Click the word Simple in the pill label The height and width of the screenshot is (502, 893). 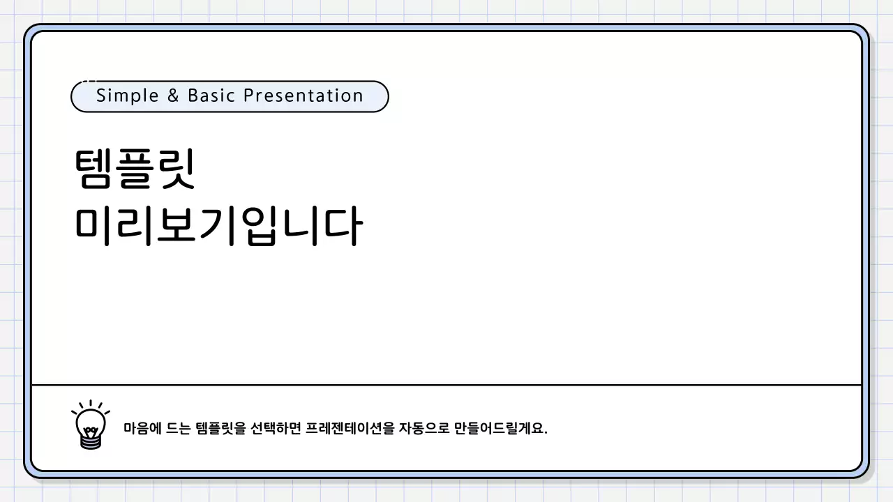118,96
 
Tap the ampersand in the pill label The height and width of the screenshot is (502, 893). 173,96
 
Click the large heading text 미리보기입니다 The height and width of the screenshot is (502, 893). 218,227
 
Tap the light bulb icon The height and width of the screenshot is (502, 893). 90,424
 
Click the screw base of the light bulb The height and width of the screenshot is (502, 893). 90,440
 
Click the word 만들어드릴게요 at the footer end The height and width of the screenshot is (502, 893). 499,427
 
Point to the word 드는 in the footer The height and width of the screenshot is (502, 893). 179,427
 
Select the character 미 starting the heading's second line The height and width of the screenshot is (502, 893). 93,227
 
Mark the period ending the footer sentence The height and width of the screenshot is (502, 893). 546,432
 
